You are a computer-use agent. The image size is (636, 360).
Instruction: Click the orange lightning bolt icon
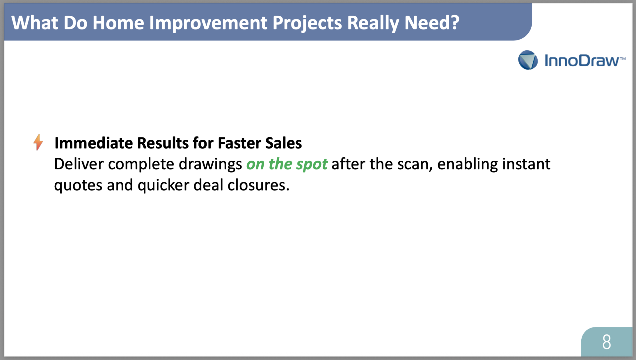38,142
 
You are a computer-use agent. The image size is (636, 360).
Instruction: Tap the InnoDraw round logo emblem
528,60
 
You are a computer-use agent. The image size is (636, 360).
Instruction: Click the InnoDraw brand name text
585,61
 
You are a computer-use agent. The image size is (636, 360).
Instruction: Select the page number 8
607,342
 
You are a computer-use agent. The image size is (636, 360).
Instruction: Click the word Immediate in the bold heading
94,143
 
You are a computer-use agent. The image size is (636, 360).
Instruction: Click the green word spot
312,165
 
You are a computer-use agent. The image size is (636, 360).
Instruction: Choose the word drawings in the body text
210,165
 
